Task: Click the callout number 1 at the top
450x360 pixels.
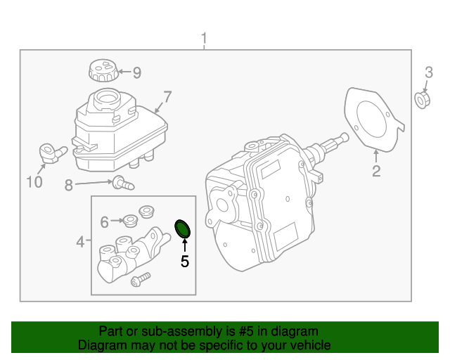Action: pos(205,38)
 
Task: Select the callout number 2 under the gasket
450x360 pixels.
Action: pos(376,171)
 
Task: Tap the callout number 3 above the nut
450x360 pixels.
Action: pos(428,72)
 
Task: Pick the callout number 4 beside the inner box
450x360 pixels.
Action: pos(81,242)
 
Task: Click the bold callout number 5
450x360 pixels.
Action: pos(184,262)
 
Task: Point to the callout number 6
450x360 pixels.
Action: pos(105,222)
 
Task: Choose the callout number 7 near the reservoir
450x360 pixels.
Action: pos(167,96)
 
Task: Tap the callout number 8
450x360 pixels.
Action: pos(69,186)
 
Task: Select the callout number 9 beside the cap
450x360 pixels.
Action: pos(136,72)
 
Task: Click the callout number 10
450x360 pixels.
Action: pos(34,183)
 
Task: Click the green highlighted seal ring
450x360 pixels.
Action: pos(184,229)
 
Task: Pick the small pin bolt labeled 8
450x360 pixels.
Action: pos(124,184)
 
